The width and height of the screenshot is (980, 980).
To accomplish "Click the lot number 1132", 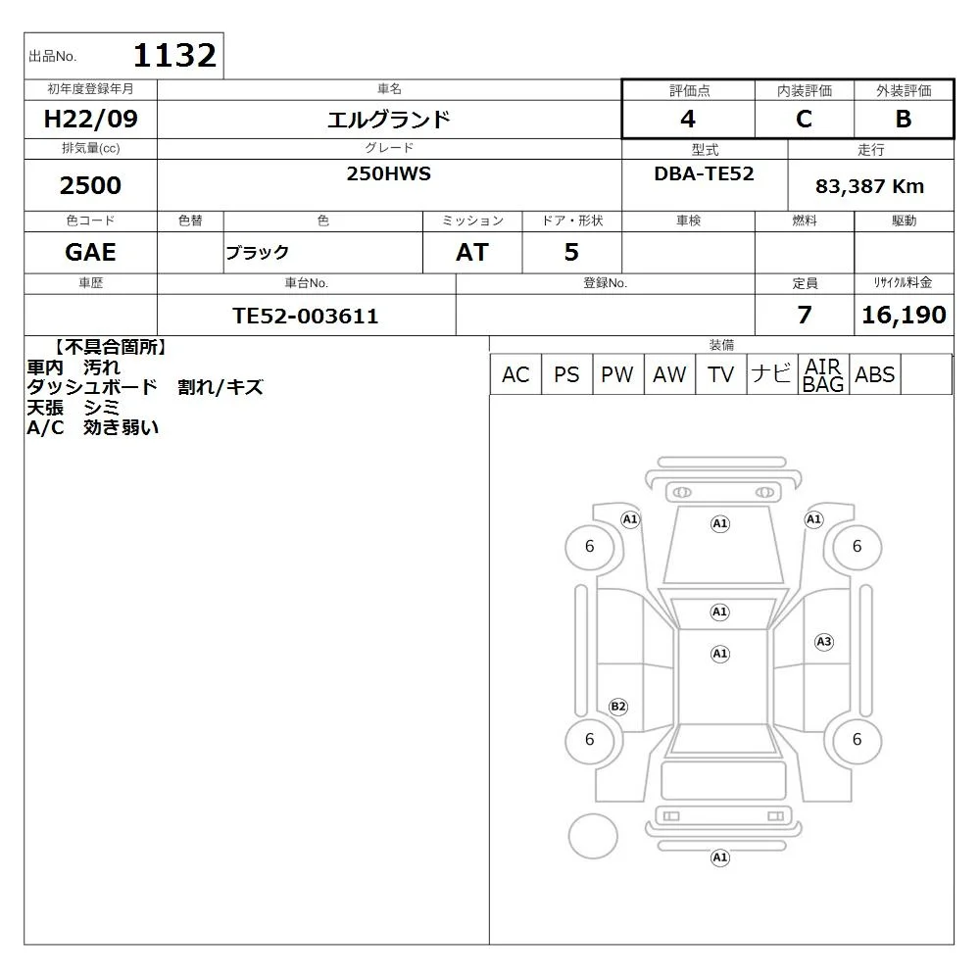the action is pos(175,55).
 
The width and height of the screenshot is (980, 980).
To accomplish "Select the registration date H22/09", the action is pos(90,119).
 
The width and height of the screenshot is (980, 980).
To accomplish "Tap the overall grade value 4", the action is pos(688,119).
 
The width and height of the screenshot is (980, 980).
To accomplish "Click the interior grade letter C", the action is pos(804,119).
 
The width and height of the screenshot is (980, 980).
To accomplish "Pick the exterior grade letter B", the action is pos(904,119).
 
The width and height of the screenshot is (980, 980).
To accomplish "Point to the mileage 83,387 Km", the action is pos(869,186).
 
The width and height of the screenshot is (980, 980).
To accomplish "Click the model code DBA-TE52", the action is pos(704,173).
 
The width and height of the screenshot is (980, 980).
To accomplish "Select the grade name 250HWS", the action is pos(389,173).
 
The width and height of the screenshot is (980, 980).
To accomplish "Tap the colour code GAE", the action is pos(90,252).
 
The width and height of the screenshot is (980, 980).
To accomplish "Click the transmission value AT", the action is pos(472,252).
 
